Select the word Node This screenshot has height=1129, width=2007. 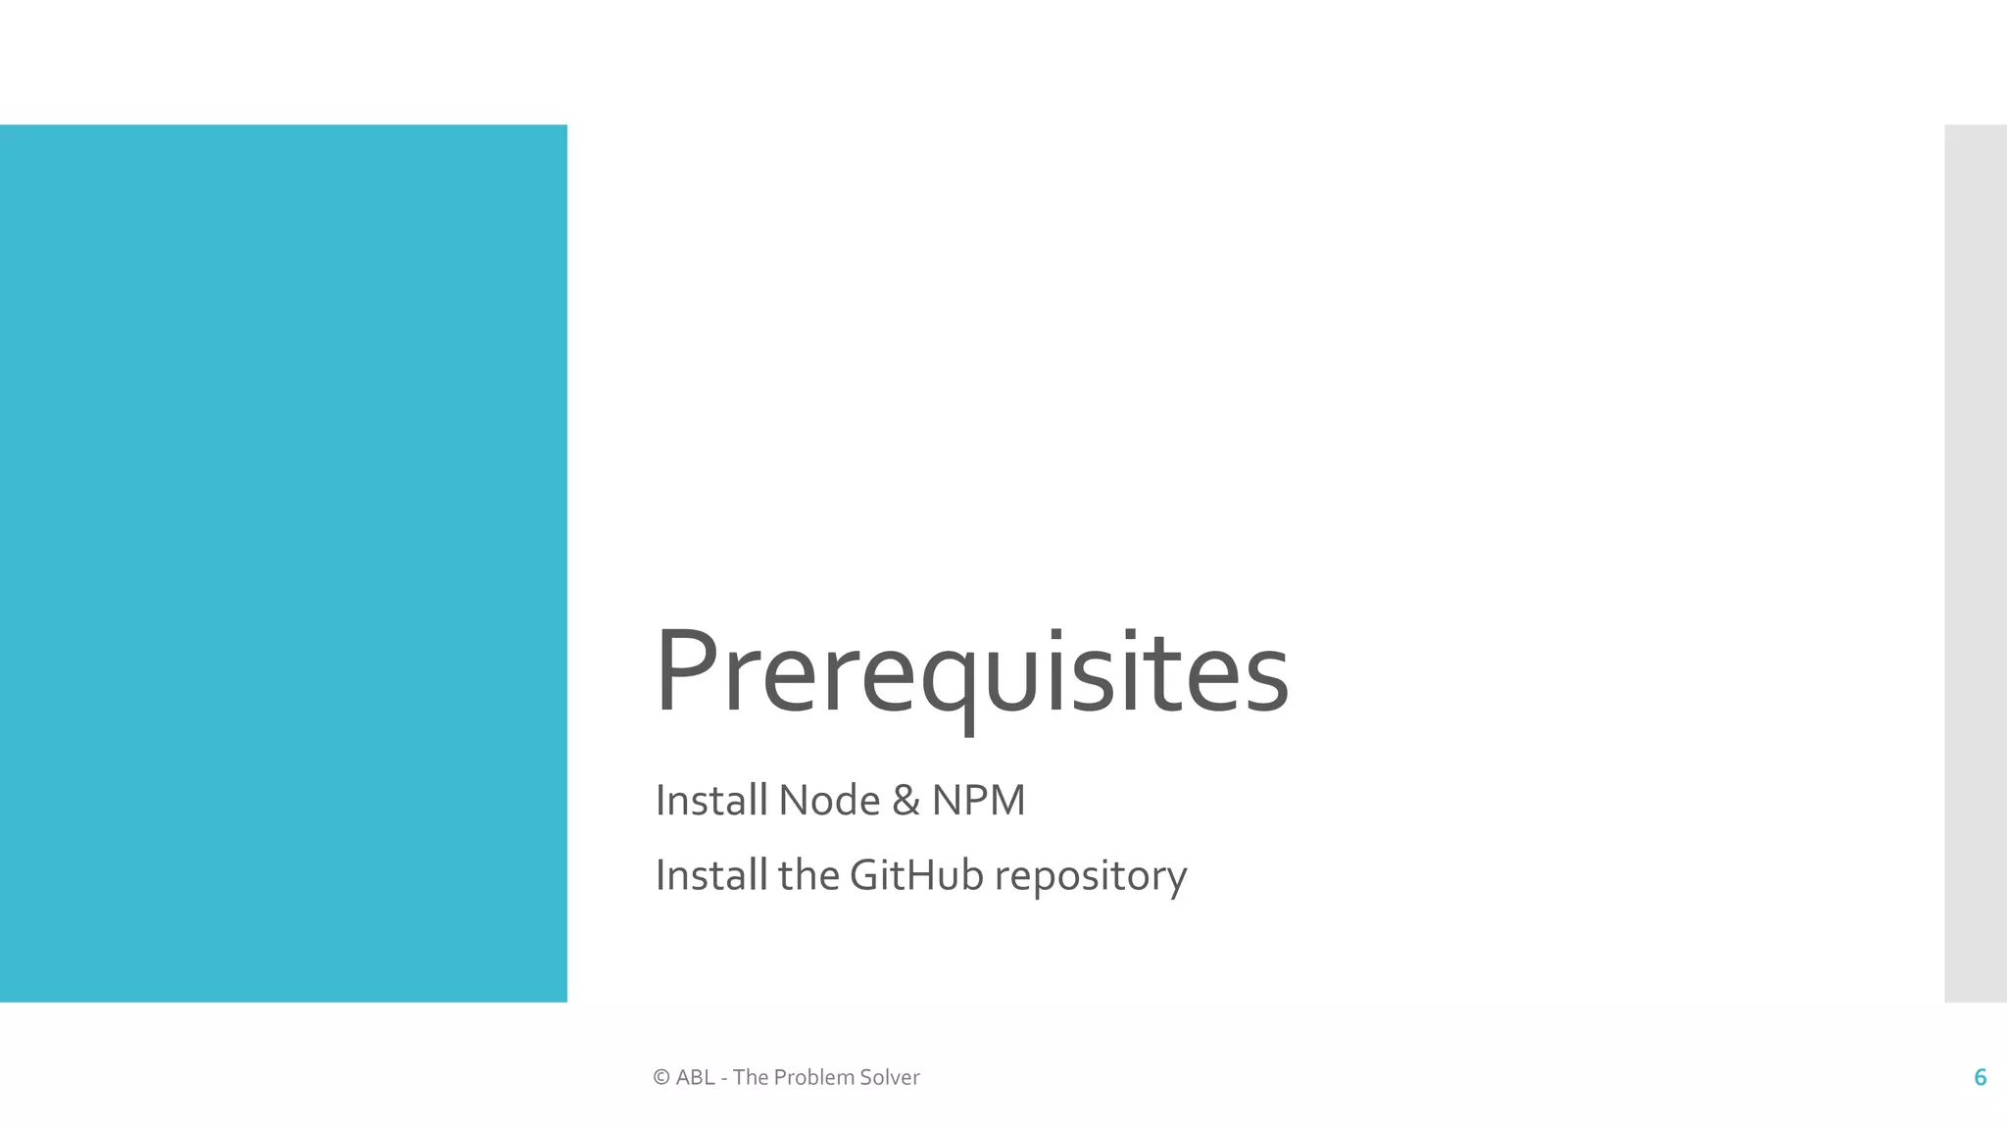(x=829, y=801)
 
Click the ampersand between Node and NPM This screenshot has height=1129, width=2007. (x=906, y=801)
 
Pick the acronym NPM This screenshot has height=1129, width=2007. (x=978, y=801)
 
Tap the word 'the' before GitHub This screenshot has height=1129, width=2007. (x=808, y=875)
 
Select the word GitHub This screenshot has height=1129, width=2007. (x=916, y=875)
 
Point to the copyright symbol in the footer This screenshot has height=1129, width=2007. (x=661, y=1078)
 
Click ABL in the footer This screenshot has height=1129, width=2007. (x=695, y=1078)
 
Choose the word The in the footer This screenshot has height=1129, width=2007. (x=750, y=1078)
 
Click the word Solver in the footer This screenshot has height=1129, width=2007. (x=890, y=1078)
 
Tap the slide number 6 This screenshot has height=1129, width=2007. (x=1980, y=1078)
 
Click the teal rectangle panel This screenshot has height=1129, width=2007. (x=283, y=563)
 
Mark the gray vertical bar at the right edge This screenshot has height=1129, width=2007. (x=1976, y=563)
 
